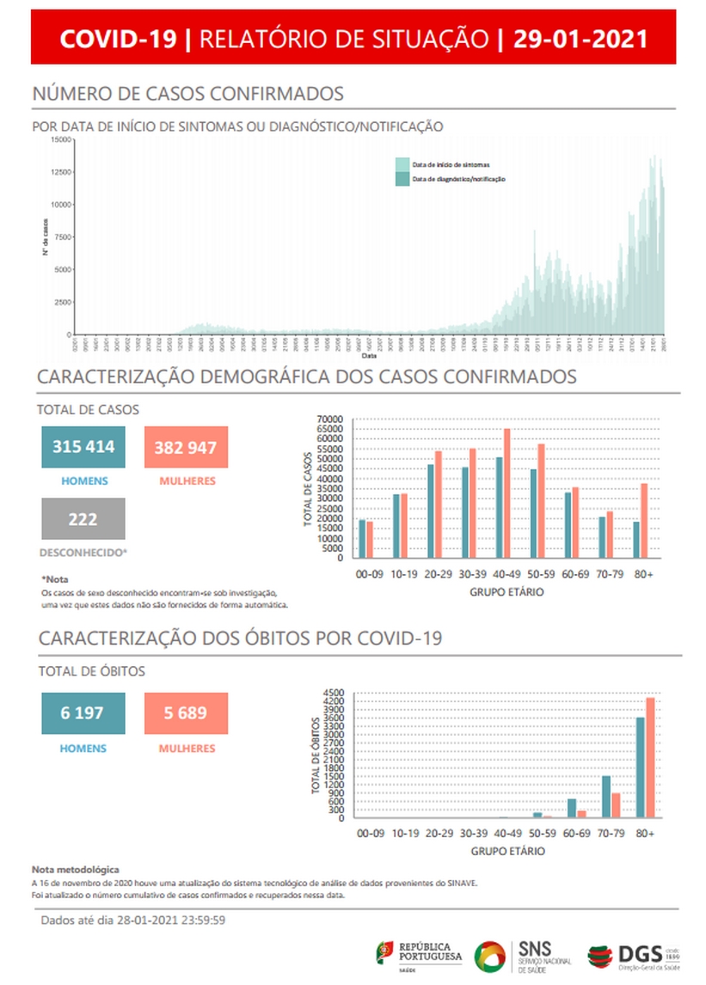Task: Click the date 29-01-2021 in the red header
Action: coord(580,39)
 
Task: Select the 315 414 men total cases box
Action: coord(83,447)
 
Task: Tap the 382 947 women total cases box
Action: coord(186,447)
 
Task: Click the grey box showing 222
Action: coord(83,519)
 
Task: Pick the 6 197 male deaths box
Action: coord(83,713)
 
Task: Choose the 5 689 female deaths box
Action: coord(186,713)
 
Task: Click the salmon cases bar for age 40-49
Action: coord(507,494)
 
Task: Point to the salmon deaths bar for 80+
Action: coord(650,758)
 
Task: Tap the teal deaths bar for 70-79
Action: coord(605,798)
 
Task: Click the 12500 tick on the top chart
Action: coord(60,172)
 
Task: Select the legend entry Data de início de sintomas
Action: coord(451,163)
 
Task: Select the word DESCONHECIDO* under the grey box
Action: coord(83,553)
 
